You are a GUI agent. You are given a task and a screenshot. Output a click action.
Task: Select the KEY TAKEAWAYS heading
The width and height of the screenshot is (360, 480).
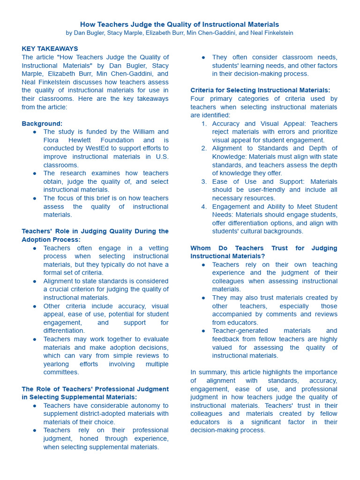tap(50, 49)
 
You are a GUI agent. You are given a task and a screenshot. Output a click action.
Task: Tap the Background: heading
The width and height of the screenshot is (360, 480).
tap(42, 124)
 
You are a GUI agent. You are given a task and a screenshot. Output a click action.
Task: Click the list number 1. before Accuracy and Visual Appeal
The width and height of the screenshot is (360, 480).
tap(204, 124)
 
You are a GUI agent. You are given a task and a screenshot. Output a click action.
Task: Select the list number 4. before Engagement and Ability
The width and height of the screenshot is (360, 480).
tap(204, 207)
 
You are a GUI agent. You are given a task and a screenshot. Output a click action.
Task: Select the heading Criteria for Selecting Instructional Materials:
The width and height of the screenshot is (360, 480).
tap(260, 90)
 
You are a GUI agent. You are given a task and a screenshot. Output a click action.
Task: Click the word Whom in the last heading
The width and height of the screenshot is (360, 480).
tap(200, 248)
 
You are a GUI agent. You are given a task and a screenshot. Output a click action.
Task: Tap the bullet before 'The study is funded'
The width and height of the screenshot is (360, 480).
tap(35, 132)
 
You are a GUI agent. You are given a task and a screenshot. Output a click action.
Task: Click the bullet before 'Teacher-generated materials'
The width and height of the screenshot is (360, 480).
tap(203, 331)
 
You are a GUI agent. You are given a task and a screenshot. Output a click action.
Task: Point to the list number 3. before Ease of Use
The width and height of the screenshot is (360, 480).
tap(204, 182)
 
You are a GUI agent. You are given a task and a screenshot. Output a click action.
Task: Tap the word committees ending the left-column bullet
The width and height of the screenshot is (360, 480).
tap(61, 372)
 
